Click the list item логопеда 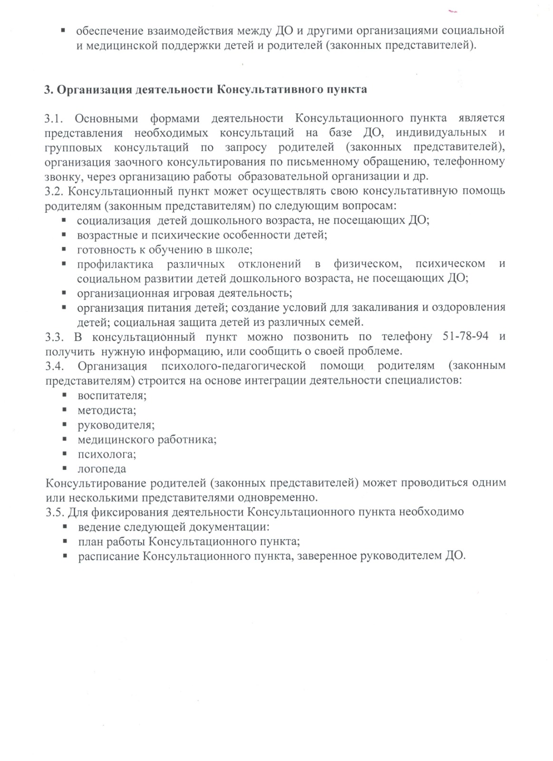click(102, 469)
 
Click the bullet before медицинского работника click(64, 439)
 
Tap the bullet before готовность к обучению click(64, 250)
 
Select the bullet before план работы click(64, 542)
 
